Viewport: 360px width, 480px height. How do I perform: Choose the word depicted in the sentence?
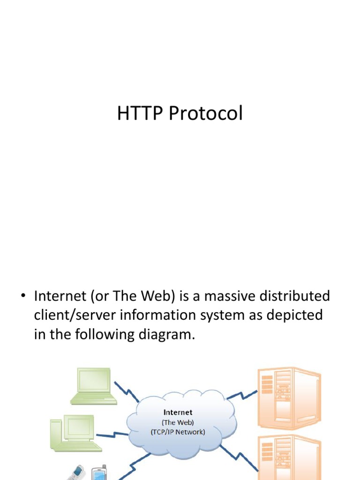click(x=293, y=315)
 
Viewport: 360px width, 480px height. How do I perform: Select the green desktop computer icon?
click(x=75, y=434)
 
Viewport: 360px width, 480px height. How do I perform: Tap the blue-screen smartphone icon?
click(x=99, y=472)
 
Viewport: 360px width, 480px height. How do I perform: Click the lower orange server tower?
click(x=288, y=457)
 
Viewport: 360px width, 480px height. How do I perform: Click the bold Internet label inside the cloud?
click(x=178, y=412)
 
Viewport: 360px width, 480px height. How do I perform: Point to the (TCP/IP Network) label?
click(x=178, y=432)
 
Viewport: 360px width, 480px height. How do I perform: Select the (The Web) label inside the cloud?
click(x=178, y=422)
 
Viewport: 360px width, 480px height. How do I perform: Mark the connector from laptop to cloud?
click(x=127, y=392)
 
